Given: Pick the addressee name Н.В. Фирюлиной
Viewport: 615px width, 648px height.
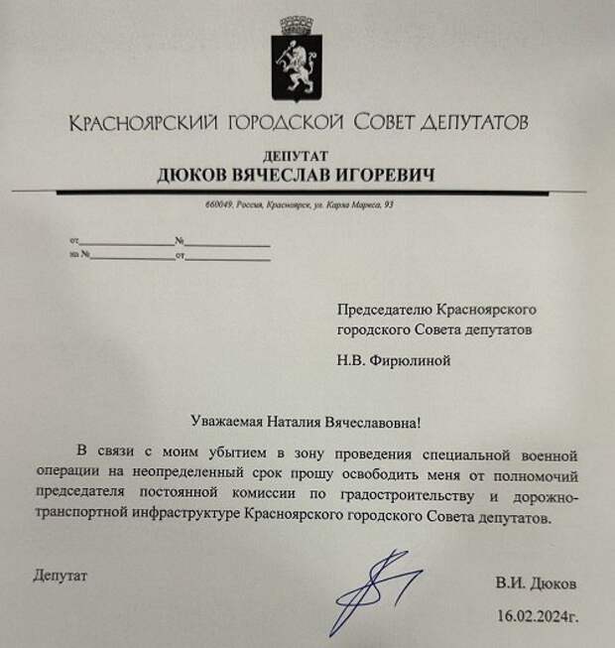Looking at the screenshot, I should [x=393, y=360].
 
